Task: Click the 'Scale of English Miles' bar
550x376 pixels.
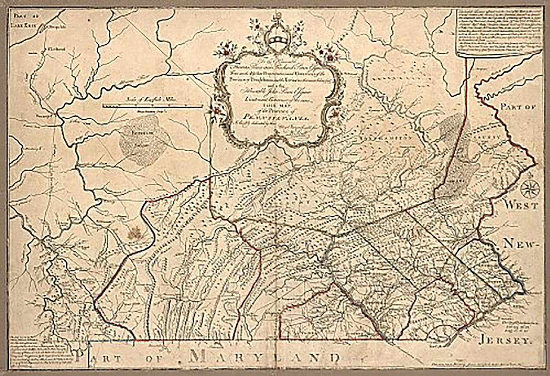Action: point(152,106)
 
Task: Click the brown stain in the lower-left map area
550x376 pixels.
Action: point(136,231)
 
